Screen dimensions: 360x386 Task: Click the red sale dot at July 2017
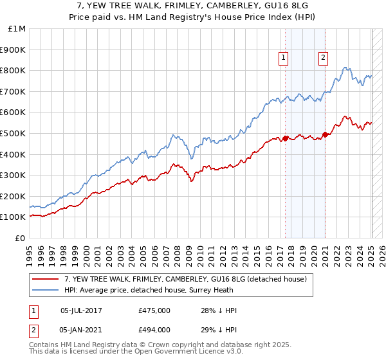[x=285, y=138]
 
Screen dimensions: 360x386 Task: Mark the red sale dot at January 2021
[x=325, y=134]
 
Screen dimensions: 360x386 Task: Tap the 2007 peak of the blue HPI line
[x=172, y=135]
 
